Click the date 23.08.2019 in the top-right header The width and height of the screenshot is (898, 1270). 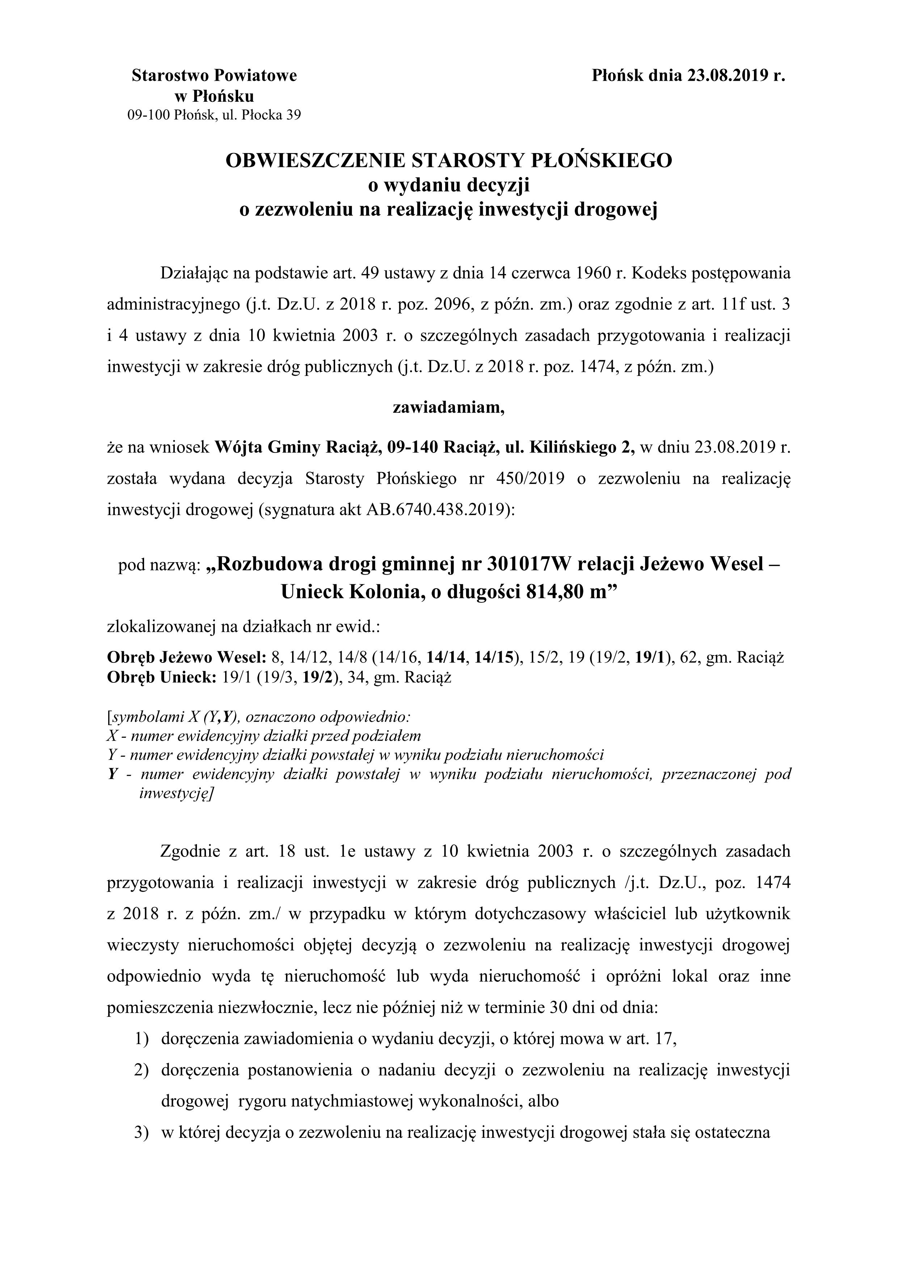pyautogui.click(x=729, y=75)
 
